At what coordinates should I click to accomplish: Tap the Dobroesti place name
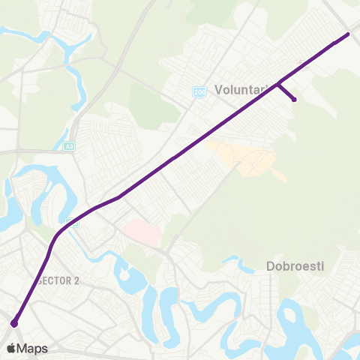pyautogui.click(x=294, y=266)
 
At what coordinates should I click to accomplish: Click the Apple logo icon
pyautogui.click(x=11, y=348)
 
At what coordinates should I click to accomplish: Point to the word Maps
pyautogui.click(x=32, y=348)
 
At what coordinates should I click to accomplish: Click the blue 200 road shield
pyautogui.click(x=199, y=91)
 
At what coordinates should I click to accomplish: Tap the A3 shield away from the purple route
pyautogui.click(x=69, y=146)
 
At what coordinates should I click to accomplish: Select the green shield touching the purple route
pyautogui.click(x=73, y=221)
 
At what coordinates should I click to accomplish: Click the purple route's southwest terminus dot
pyautogui.click(x=14, y=323)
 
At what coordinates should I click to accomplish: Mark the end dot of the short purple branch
pyautogui.click(x=294, y=99)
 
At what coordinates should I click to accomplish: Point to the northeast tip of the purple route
pyautogui.click(x=348, y=34)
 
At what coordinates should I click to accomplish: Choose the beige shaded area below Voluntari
pyautogui.click(x=247, y=157)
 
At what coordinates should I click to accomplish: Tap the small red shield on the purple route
pyautogui.click(x=304, y=64)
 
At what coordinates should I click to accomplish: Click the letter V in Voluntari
pyautogui.click(x=218, y=89)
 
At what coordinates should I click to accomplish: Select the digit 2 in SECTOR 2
pyautogui.click(x=76, y=280)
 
